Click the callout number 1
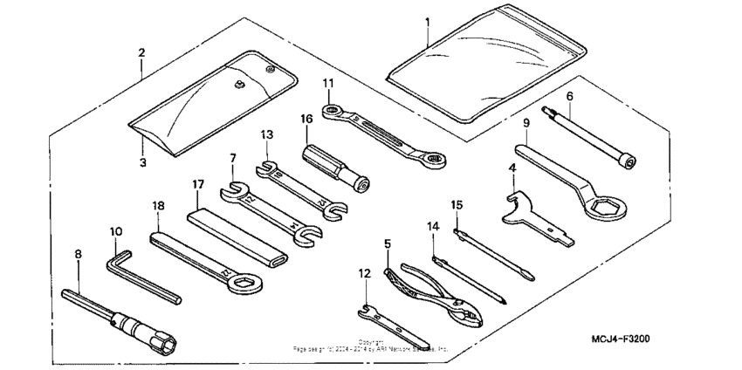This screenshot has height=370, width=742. click(x=428, y=20)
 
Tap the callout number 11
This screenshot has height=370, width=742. click(x=328, y=83)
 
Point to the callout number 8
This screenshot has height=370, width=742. click(x=78, y=254)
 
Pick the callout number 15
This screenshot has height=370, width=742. click(x=457, y=204)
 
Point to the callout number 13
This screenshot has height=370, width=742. click(x=267, y=134)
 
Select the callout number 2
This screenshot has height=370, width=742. click(x=141, y=53)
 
